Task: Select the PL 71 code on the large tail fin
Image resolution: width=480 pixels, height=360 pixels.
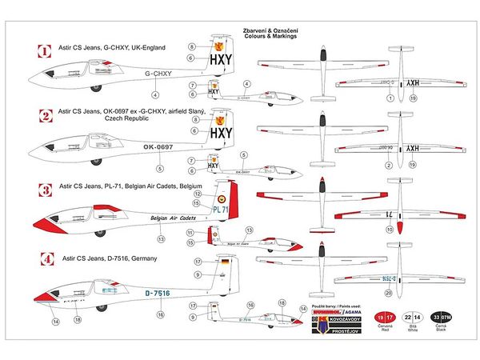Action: click(x=222, y=210)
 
